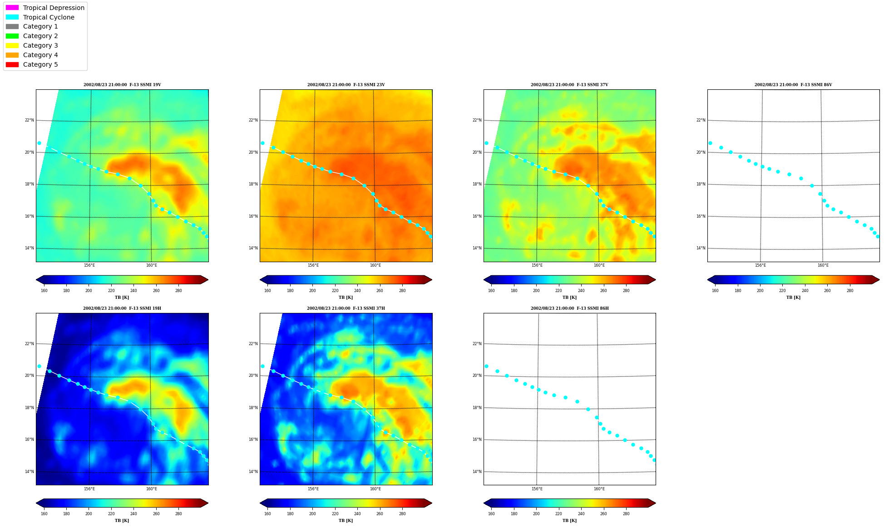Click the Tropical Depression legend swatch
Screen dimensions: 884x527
tap(12, 8)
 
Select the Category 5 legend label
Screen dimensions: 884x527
tap(40, 64)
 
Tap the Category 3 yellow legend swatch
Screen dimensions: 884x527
tap(12, 45)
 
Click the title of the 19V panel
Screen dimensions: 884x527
tap(122, 85)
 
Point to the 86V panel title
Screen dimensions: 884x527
tap(793, 85)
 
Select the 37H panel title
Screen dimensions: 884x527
tap(346, 308)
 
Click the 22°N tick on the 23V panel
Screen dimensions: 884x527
tap(253, 120)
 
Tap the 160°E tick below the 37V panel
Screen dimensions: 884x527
tap(599, 265)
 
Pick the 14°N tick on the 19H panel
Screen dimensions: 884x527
tap(29, 472)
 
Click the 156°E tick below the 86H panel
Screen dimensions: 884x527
tap(537, 489)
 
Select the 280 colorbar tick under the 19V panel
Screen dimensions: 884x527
tap(178, 291)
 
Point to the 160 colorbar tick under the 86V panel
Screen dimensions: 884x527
tap(715, 291)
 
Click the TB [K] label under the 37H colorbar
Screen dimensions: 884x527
tap(346, 521)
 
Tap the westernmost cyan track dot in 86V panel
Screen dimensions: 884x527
tap(710, 143)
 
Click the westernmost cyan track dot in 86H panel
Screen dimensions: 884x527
tap(486, 366)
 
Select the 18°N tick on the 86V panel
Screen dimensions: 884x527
tap(701, 184)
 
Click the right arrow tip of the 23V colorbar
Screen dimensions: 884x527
tap(432, 280)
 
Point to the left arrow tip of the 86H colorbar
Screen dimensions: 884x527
tap(484, 503)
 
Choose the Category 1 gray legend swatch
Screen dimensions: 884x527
tap(12, 26)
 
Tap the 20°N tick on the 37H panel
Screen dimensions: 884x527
tap(253, 376)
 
